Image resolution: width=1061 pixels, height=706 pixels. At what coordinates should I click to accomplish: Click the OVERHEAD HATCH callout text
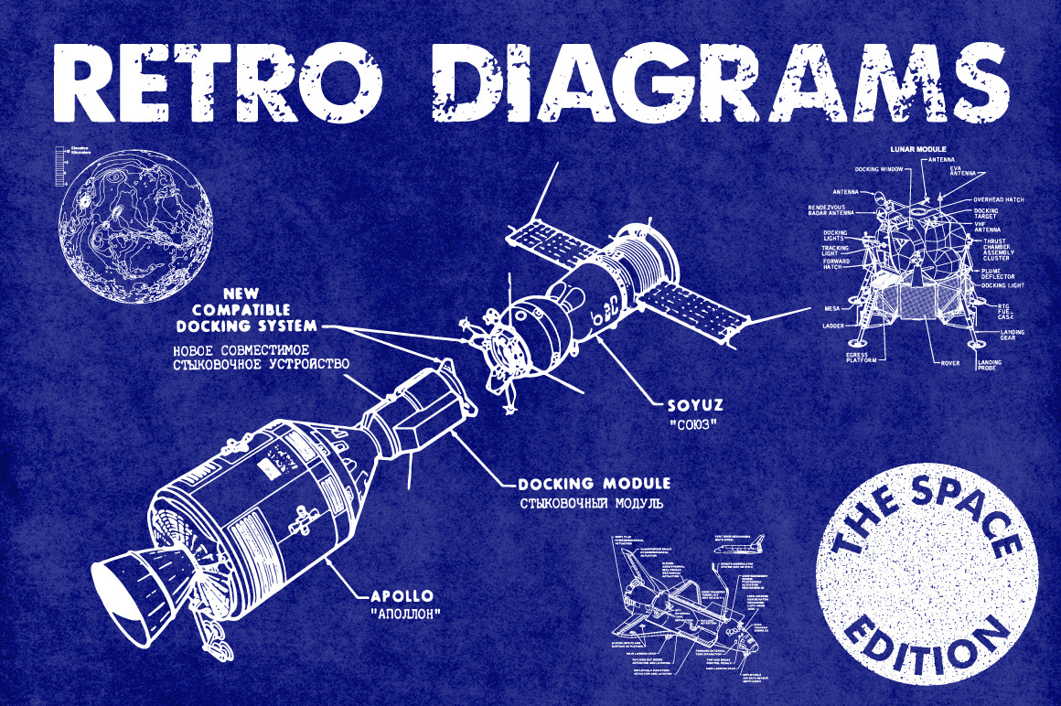pos(999,199)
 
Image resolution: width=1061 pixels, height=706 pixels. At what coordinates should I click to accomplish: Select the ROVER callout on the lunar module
pos(950,362)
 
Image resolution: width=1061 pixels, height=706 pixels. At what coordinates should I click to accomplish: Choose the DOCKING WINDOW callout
pos(879,169)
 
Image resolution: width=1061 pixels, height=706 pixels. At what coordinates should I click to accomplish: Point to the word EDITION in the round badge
pos(934,645)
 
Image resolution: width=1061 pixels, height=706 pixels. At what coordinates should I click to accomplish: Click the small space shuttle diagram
pos(686,613)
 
